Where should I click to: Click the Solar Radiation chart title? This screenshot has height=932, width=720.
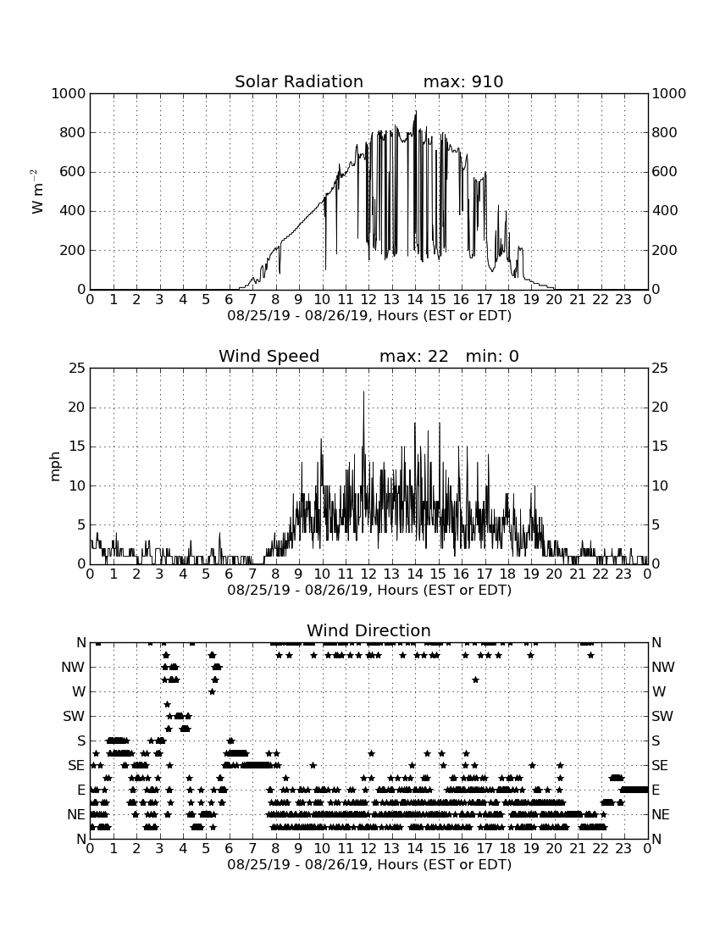coord(299,81)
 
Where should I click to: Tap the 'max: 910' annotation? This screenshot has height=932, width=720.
coord(463,81)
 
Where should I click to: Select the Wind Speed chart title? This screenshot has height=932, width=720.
coord(269,356)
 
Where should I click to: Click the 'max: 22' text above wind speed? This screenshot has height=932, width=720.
coord(413,356)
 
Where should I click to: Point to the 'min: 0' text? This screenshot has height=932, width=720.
coord(492,356)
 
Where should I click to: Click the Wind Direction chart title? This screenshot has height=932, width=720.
coord(368,630)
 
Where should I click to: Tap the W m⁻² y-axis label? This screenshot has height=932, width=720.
coord(36,191)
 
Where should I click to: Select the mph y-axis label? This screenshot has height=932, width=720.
coord(55,467)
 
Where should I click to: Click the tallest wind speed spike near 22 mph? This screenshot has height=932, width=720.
coord(363,392)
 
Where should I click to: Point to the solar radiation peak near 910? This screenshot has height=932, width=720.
coord(416,112)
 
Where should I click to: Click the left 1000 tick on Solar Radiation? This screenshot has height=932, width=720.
coord(69,93)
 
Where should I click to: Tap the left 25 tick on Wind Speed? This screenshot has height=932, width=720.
coord(78,369)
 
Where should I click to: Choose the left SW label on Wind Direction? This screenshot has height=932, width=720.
coord(75,716)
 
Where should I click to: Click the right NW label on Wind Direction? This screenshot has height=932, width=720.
coord(663,667)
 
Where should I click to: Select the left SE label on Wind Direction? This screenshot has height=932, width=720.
coord(76,766)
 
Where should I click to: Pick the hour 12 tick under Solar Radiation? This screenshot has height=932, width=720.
coord(368,299)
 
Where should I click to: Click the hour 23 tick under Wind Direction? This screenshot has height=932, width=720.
coord(623,848)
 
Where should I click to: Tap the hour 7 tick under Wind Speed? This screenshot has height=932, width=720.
coord(252,574)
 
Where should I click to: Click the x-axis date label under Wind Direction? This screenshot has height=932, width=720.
coord(369,864)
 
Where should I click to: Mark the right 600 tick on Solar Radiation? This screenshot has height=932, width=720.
coord(665,172)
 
